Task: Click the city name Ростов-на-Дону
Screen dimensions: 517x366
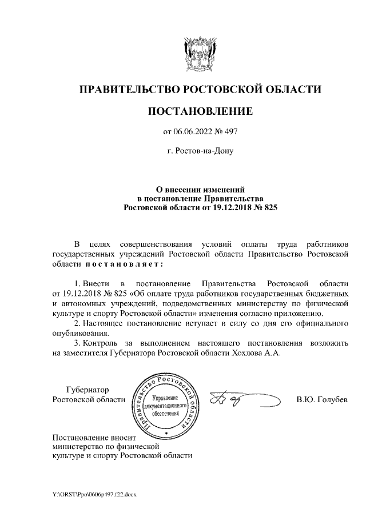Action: point(200,153)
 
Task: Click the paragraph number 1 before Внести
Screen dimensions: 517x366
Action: point(77,283)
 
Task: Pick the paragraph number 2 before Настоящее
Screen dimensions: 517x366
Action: point(77,323)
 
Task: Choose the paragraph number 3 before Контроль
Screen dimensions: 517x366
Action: point(77,343)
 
